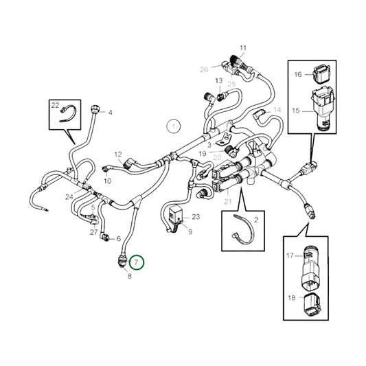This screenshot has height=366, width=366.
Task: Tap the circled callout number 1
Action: (174, 126)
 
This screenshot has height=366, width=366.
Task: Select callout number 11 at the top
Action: (242, 47)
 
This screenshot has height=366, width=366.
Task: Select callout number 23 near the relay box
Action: (196, 216)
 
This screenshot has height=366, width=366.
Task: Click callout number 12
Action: (117, 155)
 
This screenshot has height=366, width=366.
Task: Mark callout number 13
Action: (218, 81)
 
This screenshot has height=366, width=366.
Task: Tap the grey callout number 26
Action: (204, 69)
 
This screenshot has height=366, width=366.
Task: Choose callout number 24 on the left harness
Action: (69, 196)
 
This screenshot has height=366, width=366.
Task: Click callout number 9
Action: (190, 232)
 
